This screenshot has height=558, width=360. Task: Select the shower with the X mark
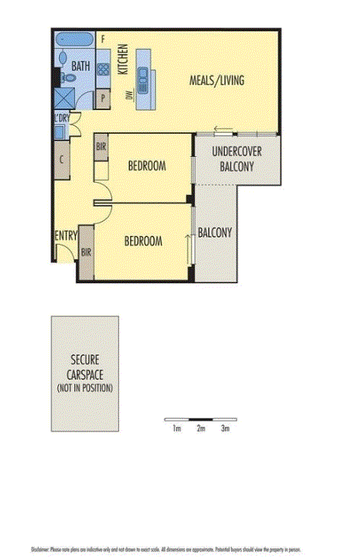[65, 97]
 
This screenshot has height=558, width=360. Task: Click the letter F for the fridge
[104, 38]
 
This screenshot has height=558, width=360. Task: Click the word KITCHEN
[123, 59]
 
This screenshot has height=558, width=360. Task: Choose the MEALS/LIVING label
[217, 80]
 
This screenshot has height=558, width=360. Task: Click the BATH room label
[80, 66]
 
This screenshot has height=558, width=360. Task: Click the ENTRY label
[66, 236]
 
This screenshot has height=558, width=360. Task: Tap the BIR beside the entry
[86, 253]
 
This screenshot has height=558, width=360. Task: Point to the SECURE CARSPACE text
[85, 368]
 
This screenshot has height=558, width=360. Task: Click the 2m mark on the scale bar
[201, 429]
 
